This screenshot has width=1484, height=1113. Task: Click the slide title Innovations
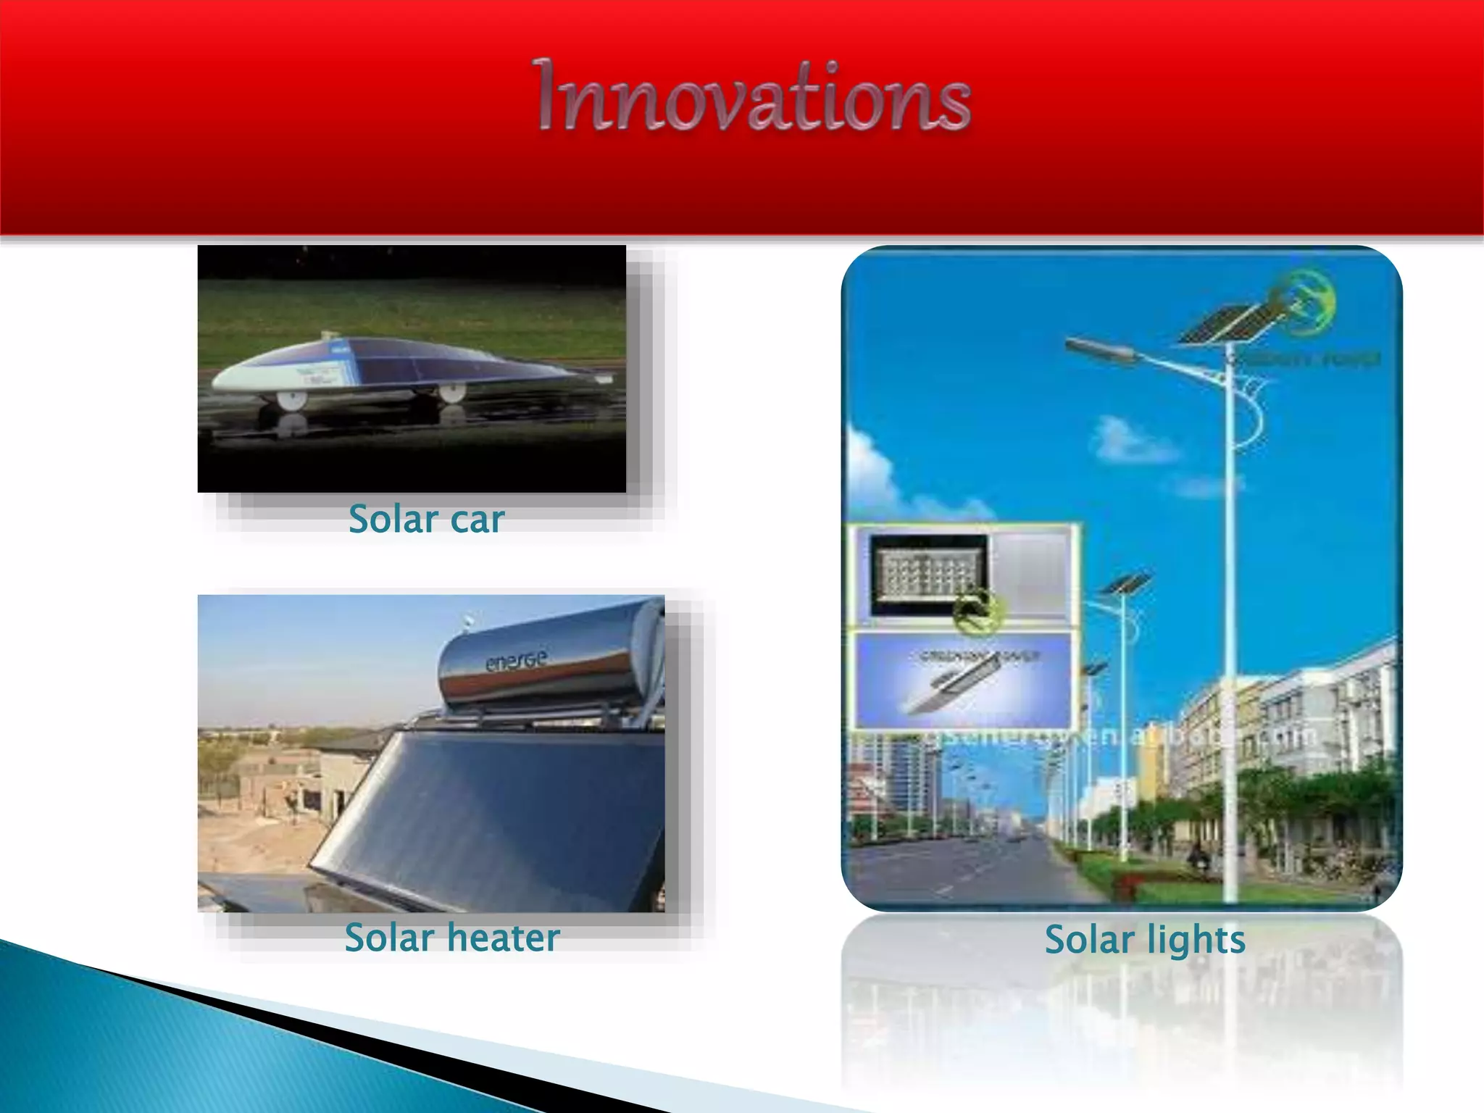click(x=754, y=98)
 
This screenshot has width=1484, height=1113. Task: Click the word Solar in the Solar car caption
click(x=393, y=519)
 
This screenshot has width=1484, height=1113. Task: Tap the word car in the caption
click(x=477, y=520)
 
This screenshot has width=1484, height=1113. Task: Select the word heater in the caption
click(x=504, y=938)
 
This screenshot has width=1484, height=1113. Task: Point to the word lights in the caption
click(x=1196, y=941)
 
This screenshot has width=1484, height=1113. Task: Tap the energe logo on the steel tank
click(x=516, y=660)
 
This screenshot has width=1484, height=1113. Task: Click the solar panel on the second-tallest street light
click(x=1125, y=583)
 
